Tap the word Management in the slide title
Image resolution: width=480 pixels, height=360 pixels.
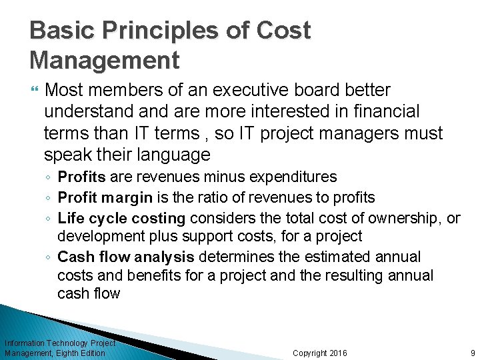(x=105, y=60)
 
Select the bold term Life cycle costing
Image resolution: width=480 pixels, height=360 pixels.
(x=121, y=218)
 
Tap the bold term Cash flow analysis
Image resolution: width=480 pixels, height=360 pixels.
(x=126, y=257)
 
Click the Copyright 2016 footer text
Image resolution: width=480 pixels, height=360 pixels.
(x=320, y=353)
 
